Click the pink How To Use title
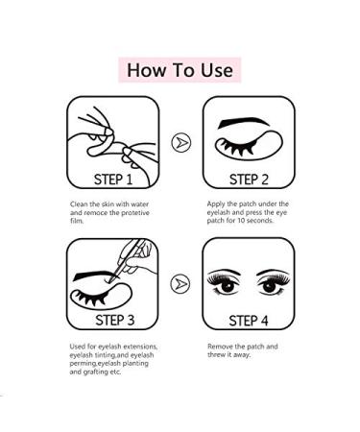coord(180,70)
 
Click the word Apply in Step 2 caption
coord(217,204)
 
